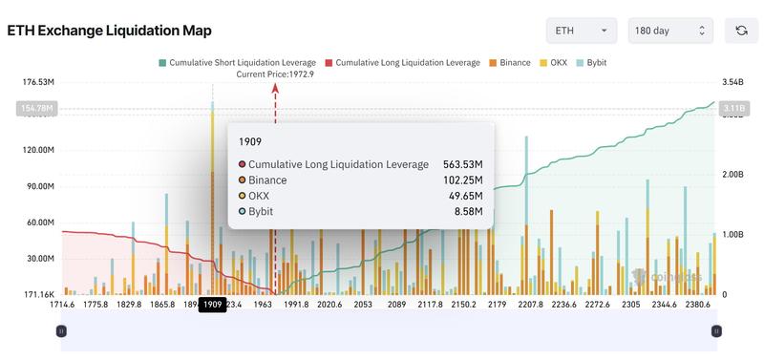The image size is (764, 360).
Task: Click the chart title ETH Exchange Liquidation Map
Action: [110, 31]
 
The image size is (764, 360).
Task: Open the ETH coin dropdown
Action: [581, 31]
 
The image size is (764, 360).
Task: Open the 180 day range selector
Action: [670, 31]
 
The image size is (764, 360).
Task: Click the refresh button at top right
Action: [741, 31]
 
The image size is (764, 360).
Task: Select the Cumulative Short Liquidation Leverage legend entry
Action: [238, 62]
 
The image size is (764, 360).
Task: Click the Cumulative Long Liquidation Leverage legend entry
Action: [402, 62]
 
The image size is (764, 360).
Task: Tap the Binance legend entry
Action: [509, 62]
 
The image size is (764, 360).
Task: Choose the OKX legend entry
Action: [554, 62]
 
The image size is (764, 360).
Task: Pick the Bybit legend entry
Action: [591, 62]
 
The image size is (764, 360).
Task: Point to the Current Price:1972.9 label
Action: [275, 74]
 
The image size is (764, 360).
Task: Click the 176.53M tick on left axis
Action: [37, 82]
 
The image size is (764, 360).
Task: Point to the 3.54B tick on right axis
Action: [733, 82]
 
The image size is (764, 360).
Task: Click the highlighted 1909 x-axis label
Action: [211, 305]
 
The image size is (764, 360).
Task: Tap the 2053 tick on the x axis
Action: [363, 305]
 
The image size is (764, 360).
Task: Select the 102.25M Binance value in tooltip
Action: [463, 180]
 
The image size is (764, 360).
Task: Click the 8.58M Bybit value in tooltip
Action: [467, 211]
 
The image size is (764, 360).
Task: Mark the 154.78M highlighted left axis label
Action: [37, 109]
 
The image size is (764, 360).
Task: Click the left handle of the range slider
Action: [61, 331]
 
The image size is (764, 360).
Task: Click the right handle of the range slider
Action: [716, 331]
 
